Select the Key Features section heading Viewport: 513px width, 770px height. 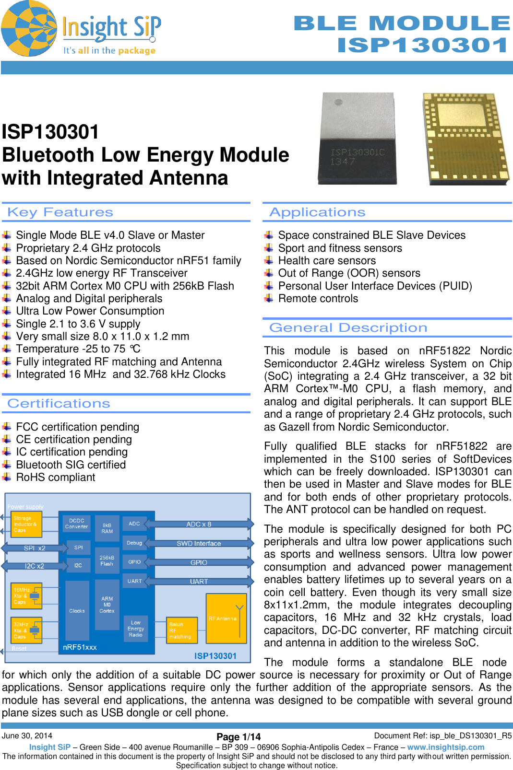pyautogui.click(x=60, y=212)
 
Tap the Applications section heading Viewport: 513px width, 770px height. pyautogui.click(x=317, y=212)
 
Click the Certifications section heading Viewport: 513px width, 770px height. pyautogui.click(x=59, y=403)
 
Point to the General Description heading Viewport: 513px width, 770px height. pyautogui.click(x=348, y=327)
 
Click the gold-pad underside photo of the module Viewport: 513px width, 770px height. pyautogui.click(x=465, y=139)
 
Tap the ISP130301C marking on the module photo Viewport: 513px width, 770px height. pyautogui.click(x=358, y=152)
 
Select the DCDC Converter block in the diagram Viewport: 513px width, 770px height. pyautogui.click(x=77, y=524)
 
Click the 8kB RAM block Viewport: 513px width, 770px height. pyautogui.click(x=107, y=528)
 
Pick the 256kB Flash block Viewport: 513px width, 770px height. pyautogui.click(x=107, y=560)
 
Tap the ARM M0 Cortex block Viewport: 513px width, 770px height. pyautogui.click(x=107, y=605)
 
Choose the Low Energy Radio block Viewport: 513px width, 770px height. pyautogui.click(x=136, y=629)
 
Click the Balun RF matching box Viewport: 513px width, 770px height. pyautogui.click(x=181, y=630)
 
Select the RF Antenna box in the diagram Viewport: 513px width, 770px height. pyautogui.click(x=226, y=618)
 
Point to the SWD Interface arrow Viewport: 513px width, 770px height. pyautogui.click(x=199, y=543)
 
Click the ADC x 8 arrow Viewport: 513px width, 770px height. pyautogui.click(x=199, y=524)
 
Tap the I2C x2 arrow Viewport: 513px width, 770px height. pyautogui.click(x=35, y=566)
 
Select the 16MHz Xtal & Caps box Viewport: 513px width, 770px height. pyautogui.click(x=27, y=595)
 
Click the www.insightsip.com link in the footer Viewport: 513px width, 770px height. pyautogui.click(x=446, y=747)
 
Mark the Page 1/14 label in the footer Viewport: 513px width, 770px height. pyautogui.click(x=239, y=737)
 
